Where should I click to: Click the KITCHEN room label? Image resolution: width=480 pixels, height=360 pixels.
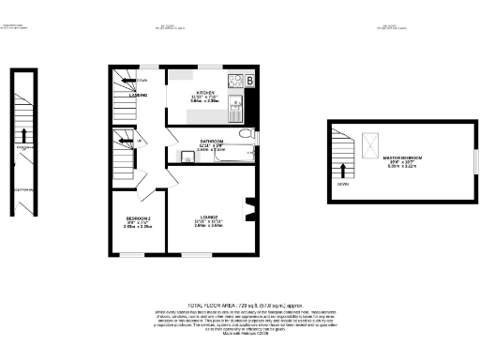(198, 93)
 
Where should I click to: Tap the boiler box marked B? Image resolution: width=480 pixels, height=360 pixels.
(249, 81)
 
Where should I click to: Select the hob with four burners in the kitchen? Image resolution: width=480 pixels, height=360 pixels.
(234, 80)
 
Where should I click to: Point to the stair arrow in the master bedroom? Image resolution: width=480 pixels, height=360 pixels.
(343, 171)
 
